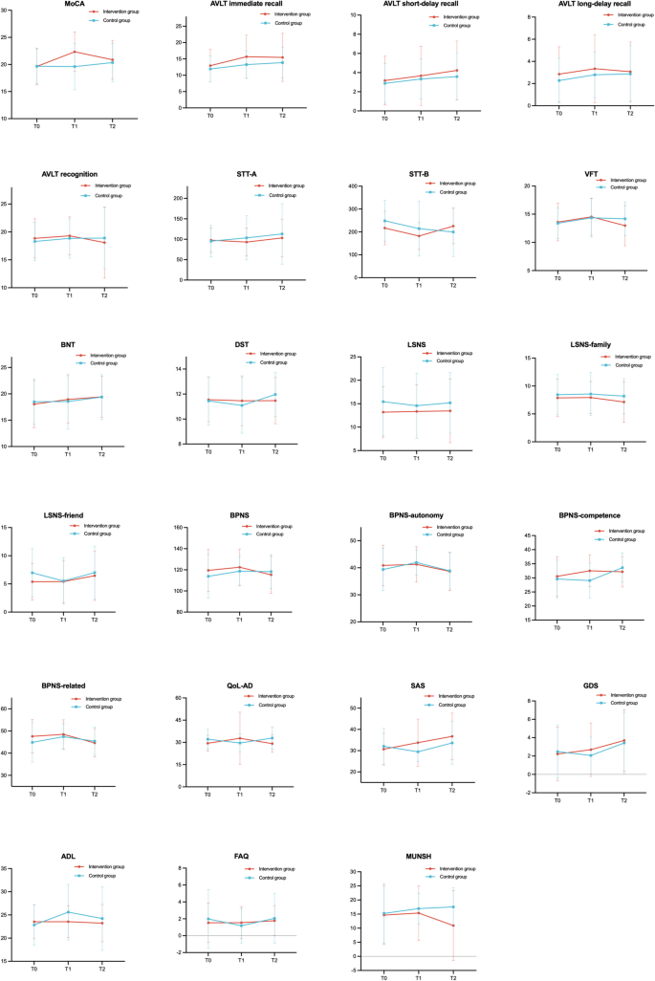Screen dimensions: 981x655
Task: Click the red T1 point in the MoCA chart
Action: [x=74, y=52]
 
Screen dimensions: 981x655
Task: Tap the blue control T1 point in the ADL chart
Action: [x=69, y=912]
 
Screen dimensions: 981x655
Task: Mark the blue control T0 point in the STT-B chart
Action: [x=384, y=221]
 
